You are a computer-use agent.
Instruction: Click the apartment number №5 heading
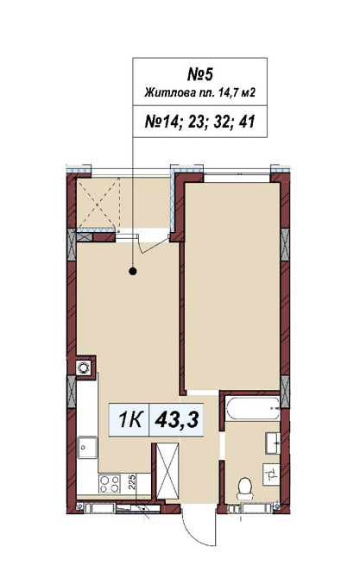(200, 74)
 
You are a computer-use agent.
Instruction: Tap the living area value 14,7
(229, 92)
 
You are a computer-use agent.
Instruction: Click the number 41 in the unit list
(247, 122)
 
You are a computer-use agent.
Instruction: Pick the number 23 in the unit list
(196, 122)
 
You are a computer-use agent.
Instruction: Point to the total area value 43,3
(177, 419)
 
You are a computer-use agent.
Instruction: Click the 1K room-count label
(130, 419)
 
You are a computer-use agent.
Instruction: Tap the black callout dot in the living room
(133, 272)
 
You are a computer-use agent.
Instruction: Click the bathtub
(253, 408)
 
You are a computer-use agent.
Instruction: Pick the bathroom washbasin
(273, 443)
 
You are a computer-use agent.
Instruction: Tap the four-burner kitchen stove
(110, 484)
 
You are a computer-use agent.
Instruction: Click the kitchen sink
(87, 447)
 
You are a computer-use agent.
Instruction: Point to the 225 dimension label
(132, 481)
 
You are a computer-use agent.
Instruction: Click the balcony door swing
(154, 244)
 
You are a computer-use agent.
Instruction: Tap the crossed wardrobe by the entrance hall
(167, 472)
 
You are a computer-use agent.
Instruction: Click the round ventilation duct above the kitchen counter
(83, 368)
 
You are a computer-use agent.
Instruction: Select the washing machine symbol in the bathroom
(271, 474)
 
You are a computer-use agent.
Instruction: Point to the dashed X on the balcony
(98, 203)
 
